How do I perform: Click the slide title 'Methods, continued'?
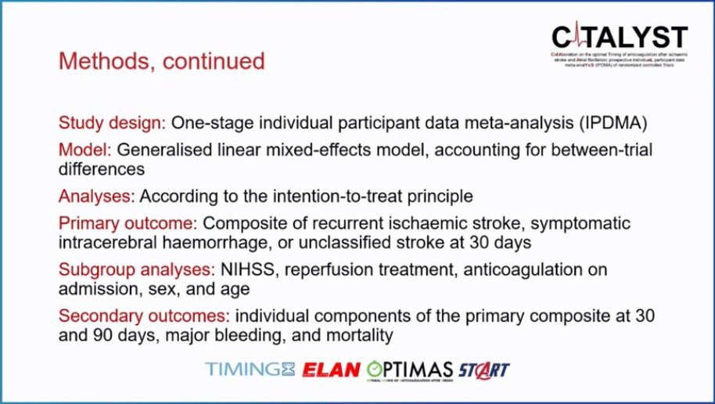click(162, 60)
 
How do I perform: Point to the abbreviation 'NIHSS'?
click(246, 270)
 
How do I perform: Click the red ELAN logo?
click(333, 369)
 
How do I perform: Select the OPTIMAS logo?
click(410, 369)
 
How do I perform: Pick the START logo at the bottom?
click(484, 369)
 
